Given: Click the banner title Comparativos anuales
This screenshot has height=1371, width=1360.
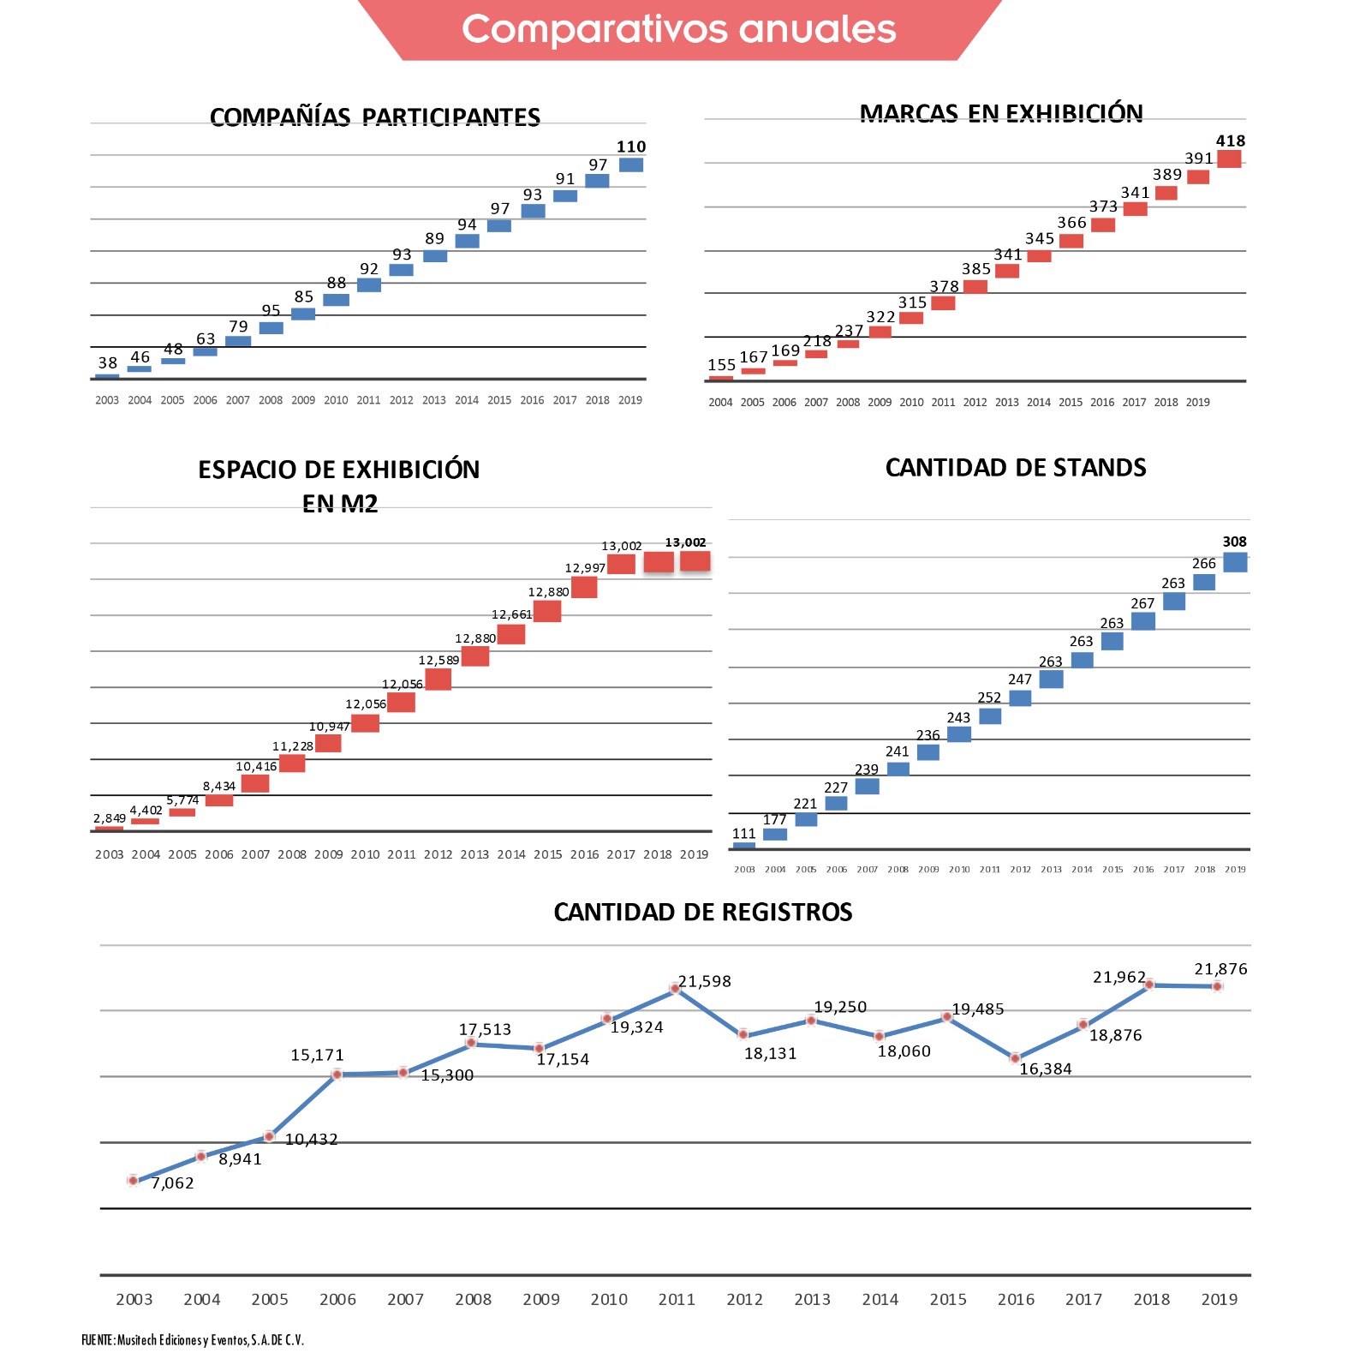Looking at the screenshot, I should click(678, 29).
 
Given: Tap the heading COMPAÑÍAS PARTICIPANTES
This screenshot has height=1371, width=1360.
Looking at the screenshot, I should click(374, 117).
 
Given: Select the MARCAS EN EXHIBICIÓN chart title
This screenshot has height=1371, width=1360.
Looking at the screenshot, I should click(1000, 114).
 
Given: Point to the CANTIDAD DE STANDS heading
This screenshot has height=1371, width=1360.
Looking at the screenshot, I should click(1015, 468).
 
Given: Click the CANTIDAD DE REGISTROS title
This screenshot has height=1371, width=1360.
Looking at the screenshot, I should click(702, 913).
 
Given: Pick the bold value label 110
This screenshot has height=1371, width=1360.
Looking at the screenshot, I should click(631, 147).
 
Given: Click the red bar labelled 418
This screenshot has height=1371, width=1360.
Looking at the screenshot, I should click(1229, 159).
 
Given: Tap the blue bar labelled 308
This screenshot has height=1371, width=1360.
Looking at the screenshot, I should click(1235, 562).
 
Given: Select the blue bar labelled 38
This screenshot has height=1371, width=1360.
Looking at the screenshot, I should click(107, 376).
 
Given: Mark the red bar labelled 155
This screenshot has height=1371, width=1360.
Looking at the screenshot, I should click(721, 378).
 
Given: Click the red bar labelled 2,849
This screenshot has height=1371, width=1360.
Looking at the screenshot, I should click(109, 829).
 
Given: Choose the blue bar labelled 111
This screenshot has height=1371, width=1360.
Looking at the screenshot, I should click(743, 846).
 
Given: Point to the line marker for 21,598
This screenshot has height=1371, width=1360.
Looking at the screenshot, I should click(675, 989).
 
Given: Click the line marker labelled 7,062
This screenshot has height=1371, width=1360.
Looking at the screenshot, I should click(133, 1180).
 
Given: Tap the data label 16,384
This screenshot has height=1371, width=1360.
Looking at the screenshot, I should click(1045, 1069).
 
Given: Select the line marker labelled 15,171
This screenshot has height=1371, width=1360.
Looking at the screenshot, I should click(337, 1075).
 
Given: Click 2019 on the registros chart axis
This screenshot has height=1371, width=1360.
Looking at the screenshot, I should click(1219, 1299).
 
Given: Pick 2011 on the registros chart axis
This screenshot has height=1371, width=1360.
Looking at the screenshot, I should click(677, 1299).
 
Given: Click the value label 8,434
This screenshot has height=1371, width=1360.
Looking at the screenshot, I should click(218, 786).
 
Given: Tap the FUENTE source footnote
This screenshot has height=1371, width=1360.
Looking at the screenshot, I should click(193, 1340).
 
